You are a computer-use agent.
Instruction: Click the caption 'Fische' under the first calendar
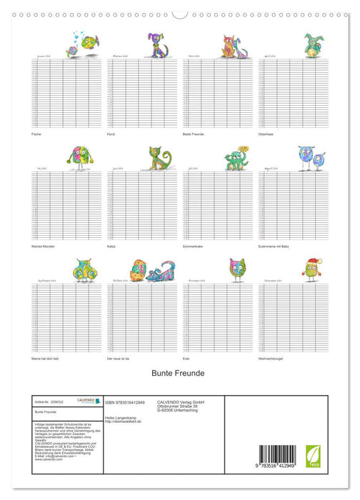coord(36,134)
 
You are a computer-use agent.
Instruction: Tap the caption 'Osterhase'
coord(266,134)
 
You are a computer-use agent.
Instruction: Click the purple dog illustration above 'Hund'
coord(157,45)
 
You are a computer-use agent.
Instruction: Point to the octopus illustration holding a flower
coord(236,157)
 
